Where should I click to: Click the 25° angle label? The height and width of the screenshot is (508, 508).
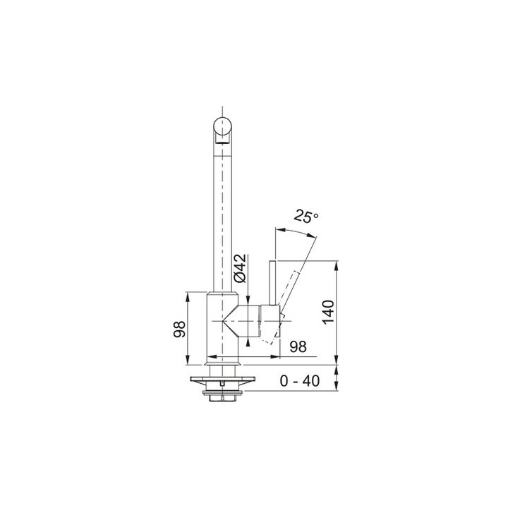click(x=308, y=217)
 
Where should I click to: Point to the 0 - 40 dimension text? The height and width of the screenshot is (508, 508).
click(x=300, y=381)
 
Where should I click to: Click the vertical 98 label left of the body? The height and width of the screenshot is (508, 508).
click(x=180, y=330)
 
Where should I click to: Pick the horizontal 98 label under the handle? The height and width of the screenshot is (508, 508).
click(x=298, y=346)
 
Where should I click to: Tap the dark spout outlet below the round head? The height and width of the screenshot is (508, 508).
click(x=222, y=142)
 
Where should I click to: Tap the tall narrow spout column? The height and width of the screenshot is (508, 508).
click(x=222, y=212)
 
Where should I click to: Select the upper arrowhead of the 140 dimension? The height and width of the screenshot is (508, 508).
click(x=337, y=266)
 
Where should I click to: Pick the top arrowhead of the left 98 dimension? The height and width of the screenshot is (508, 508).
click(x=188, y=295)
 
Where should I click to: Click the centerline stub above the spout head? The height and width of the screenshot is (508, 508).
click(x=222, y=106)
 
